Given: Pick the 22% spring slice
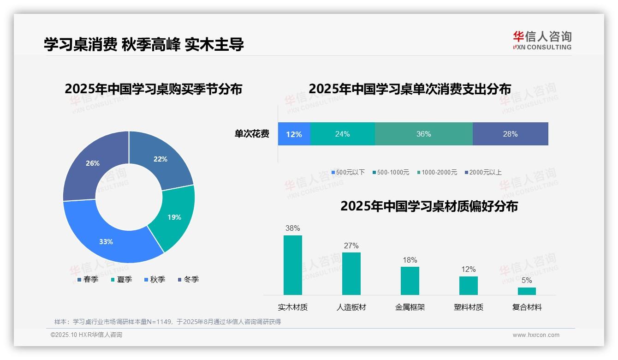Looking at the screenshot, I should pos(159,159).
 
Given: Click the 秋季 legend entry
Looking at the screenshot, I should pos(154,279).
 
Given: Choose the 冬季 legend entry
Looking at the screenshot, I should pos(188,279).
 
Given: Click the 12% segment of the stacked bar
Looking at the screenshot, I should pos(294,134).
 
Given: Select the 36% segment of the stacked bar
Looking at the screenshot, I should pos(423,134).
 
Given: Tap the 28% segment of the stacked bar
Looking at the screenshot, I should pos(510,134).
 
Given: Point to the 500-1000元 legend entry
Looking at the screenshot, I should pos(390,172).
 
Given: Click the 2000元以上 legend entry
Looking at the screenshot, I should pos(482,172).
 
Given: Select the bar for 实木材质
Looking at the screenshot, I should pos(293,265).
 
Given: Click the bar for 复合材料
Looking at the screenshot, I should pos(527,291).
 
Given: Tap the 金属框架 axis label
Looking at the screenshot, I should pos(410,307).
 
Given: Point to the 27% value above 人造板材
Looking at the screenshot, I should pos(351,246).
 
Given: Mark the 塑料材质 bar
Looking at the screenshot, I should pos(469,285).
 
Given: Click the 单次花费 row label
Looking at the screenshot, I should pos(252,134).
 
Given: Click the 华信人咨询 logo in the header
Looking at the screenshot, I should pos(542,40).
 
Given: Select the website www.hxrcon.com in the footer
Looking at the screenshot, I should pos(536,335).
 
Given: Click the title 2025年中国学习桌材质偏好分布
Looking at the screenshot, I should pos(429,206).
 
